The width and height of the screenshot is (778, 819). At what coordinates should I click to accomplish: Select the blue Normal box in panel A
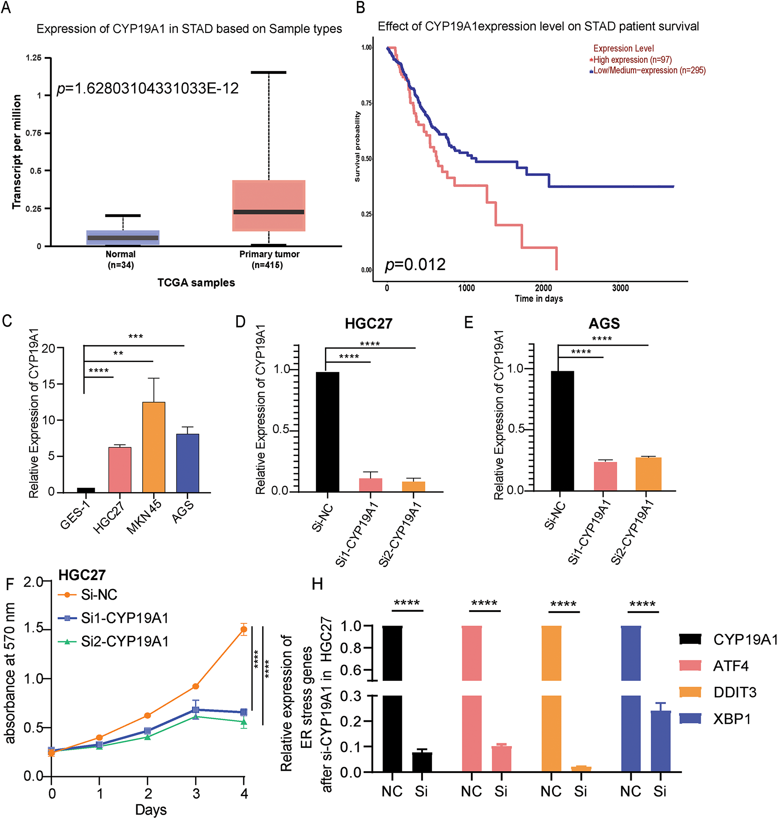coord(123,238)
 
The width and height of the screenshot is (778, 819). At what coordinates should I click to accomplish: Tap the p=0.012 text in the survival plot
coord(415,265)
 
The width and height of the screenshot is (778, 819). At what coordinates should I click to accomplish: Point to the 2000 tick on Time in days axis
coord(543,288)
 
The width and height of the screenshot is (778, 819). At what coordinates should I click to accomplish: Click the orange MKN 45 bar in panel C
coord(154,447)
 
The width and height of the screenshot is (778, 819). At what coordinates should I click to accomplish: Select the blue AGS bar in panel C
coord(187,463)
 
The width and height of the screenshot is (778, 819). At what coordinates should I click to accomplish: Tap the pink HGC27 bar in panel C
coord(120,470)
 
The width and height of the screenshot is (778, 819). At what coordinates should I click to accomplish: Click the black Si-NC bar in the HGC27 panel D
coord(327,431)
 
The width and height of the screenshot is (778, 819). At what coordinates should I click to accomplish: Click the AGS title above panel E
coord(604,323)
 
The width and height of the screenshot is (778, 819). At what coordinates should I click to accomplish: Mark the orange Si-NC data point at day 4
coord(244,630)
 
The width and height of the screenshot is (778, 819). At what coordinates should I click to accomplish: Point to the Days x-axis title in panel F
coord(151,810)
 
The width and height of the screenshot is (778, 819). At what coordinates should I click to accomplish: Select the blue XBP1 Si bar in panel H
coord(660,741)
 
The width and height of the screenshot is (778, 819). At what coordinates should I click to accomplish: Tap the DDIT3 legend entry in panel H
coord(734,692)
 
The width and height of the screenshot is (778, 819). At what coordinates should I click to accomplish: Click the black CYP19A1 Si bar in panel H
coord(422,762)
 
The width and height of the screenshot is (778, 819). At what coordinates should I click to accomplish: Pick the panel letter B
coord(361,8)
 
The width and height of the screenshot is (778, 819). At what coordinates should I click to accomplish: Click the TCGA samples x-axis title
coord(196,283)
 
